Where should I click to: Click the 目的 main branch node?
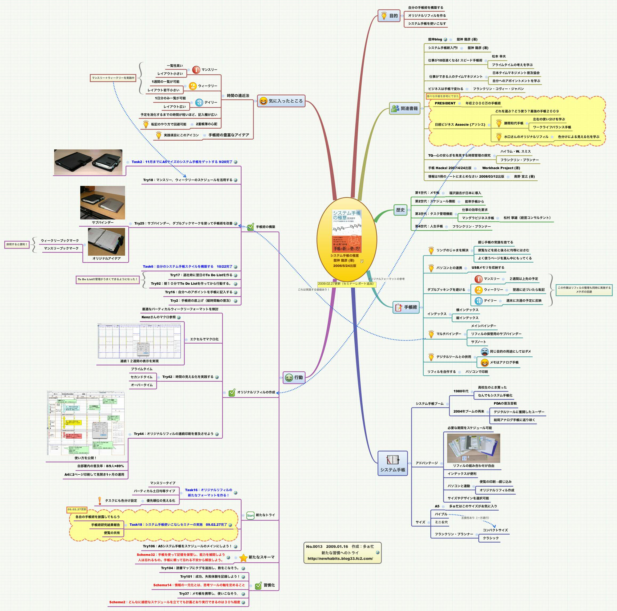pyautogui.click(x=389, y=16)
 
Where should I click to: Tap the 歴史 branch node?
pyautogui.click(x=400, y=210)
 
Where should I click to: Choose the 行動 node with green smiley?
pyautogui.click(x=294, y=377)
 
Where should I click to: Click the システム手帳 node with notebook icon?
pyautogui.click(x=392, y=463)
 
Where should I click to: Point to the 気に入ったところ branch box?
pyautogui.click(x=281, y=101)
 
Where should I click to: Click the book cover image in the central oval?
pyautogui.click(x=347, y=231)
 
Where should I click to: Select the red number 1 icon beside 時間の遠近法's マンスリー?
pyautogui.click(x=196, y=70)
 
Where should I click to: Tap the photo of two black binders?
pyautogui.click(x=88, y=162)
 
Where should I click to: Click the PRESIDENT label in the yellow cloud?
pyautogui.click(x=445, y=103)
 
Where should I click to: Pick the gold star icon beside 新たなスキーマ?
pyautogui.click(x=243, y=557)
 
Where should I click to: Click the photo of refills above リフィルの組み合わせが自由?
pyautogui.click(x=474, y=448)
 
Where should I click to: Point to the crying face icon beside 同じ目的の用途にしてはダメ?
pyautogui.click(x=484, y=352)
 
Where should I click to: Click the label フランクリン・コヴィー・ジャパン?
pyautogui.click(x=498, y=89)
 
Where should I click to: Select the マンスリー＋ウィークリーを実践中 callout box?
pyautogui.click(x=113, y=78)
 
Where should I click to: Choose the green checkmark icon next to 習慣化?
pyautogui.click(x=258, y=586)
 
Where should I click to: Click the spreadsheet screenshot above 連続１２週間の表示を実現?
pyautogui.click(x=139, y=341)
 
